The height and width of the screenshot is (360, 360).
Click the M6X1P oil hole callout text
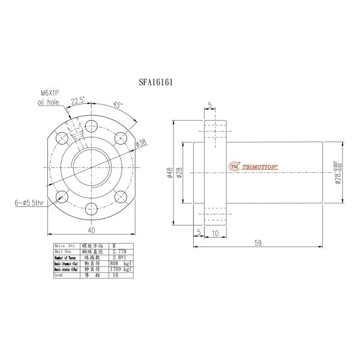coord(50,98)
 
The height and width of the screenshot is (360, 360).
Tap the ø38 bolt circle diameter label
coord(142,143)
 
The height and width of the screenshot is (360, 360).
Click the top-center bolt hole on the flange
coord(91,125)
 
